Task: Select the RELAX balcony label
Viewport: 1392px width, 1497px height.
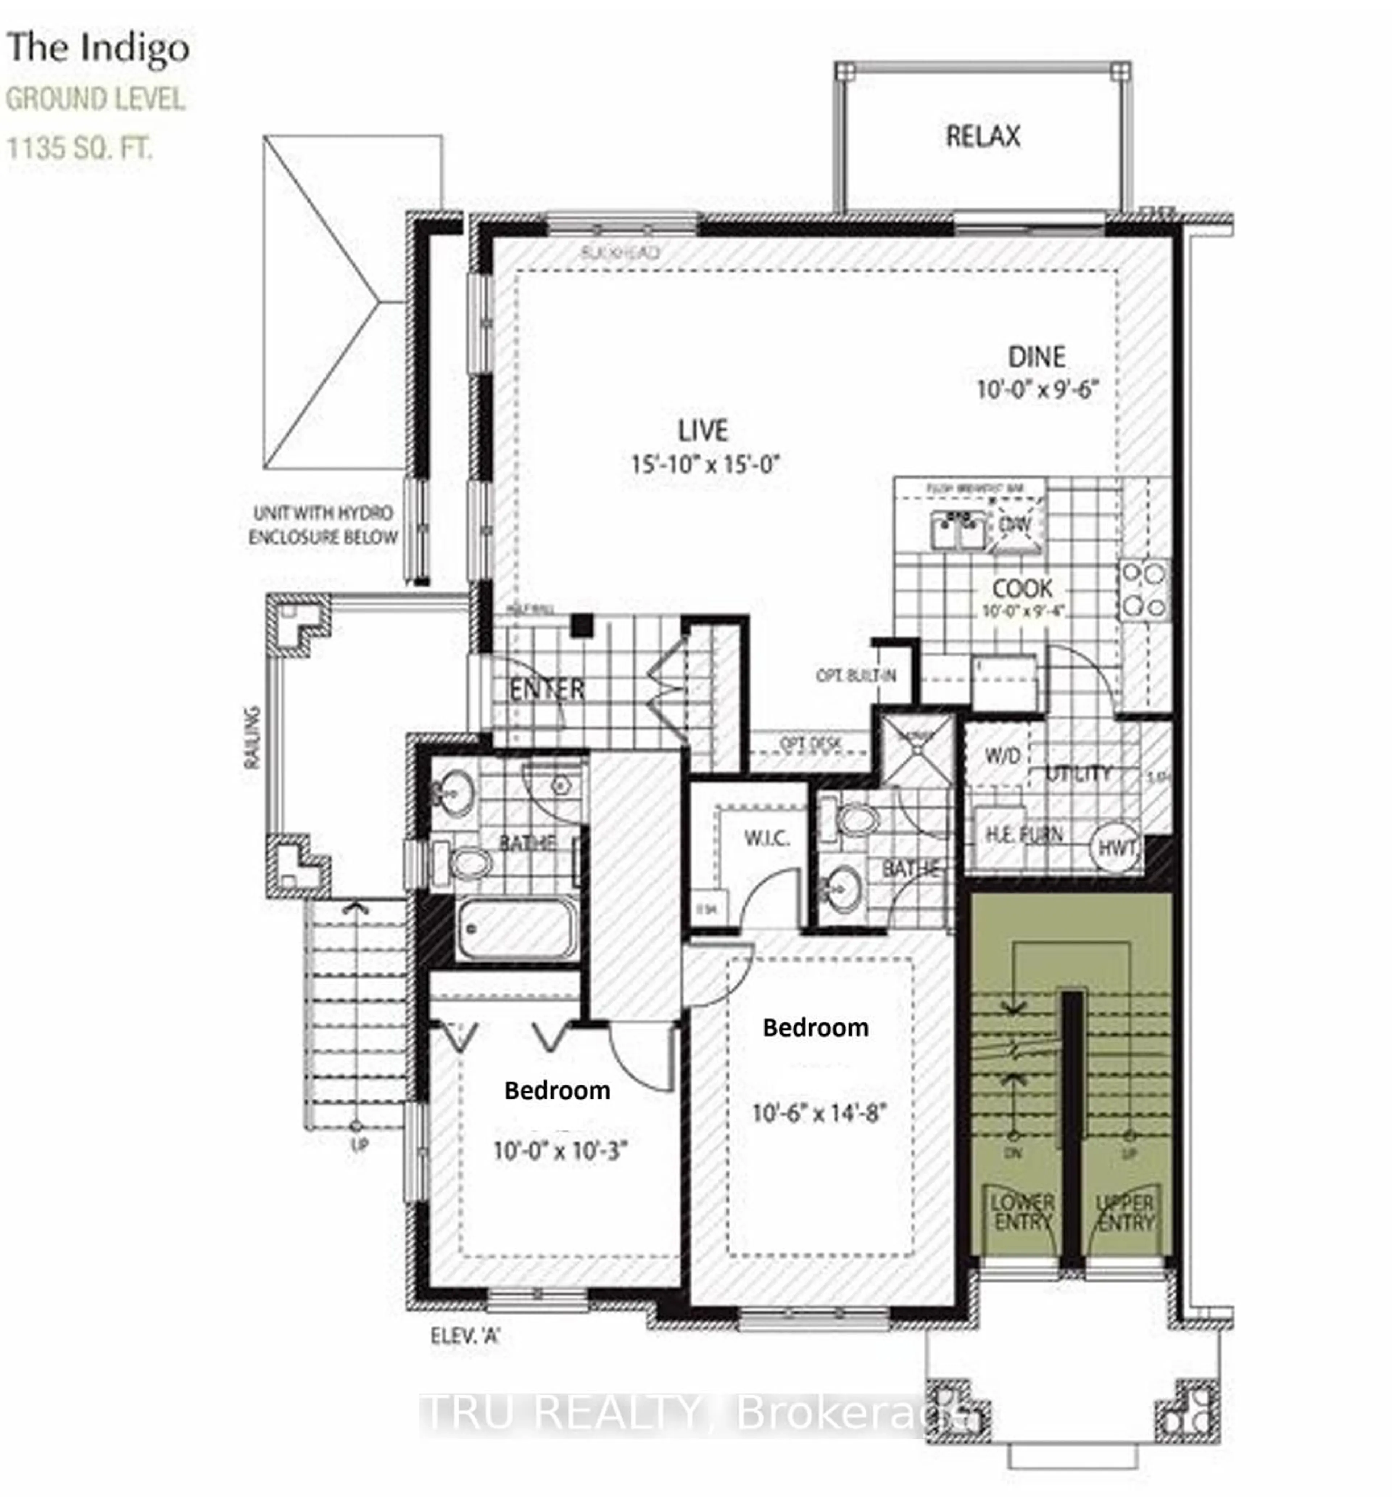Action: click(x=982, y=136)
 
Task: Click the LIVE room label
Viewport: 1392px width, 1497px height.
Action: click(x=703, y=431)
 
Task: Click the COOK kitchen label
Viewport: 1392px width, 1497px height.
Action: click(x=1022, y=588)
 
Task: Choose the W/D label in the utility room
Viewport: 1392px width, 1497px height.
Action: click(x=1002, y=755)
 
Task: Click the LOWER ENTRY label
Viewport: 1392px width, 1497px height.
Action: click(x=1022, y=1212)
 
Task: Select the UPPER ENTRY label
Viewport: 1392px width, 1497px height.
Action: click(x=1125, y=1212)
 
